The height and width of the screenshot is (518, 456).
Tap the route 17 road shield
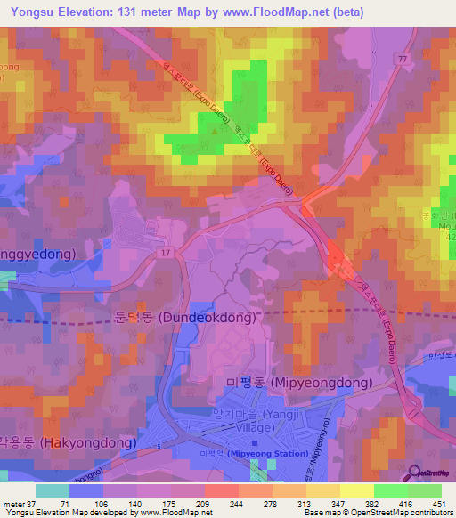coord(165,253)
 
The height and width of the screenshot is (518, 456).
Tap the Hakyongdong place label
coord(69,442)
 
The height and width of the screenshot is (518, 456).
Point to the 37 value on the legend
coord(33,504)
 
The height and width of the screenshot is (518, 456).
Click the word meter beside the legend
coord(12,504)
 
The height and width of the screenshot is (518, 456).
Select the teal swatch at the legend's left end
coord(53,490)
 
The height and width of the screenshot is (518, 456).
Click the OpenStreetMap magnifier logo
coord(439,473)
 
